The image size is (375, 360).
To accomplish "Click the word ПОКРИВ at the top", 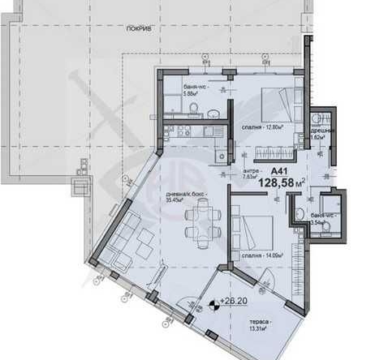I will click(x=139, y=28).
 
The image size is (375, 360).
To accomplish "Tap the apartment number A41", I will click(x=279, y=171).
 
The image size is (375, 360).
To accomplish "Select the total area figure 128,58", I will click(x=274, y=184).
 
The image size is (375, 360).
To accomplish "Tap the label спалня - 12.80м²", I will click(x=261, y=126).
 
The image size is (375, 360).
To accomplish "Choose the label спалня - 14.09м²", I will click(x=261, y=254).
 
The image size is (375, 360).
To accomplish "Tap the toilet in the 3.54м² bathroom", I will click(x=325, y=229).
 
